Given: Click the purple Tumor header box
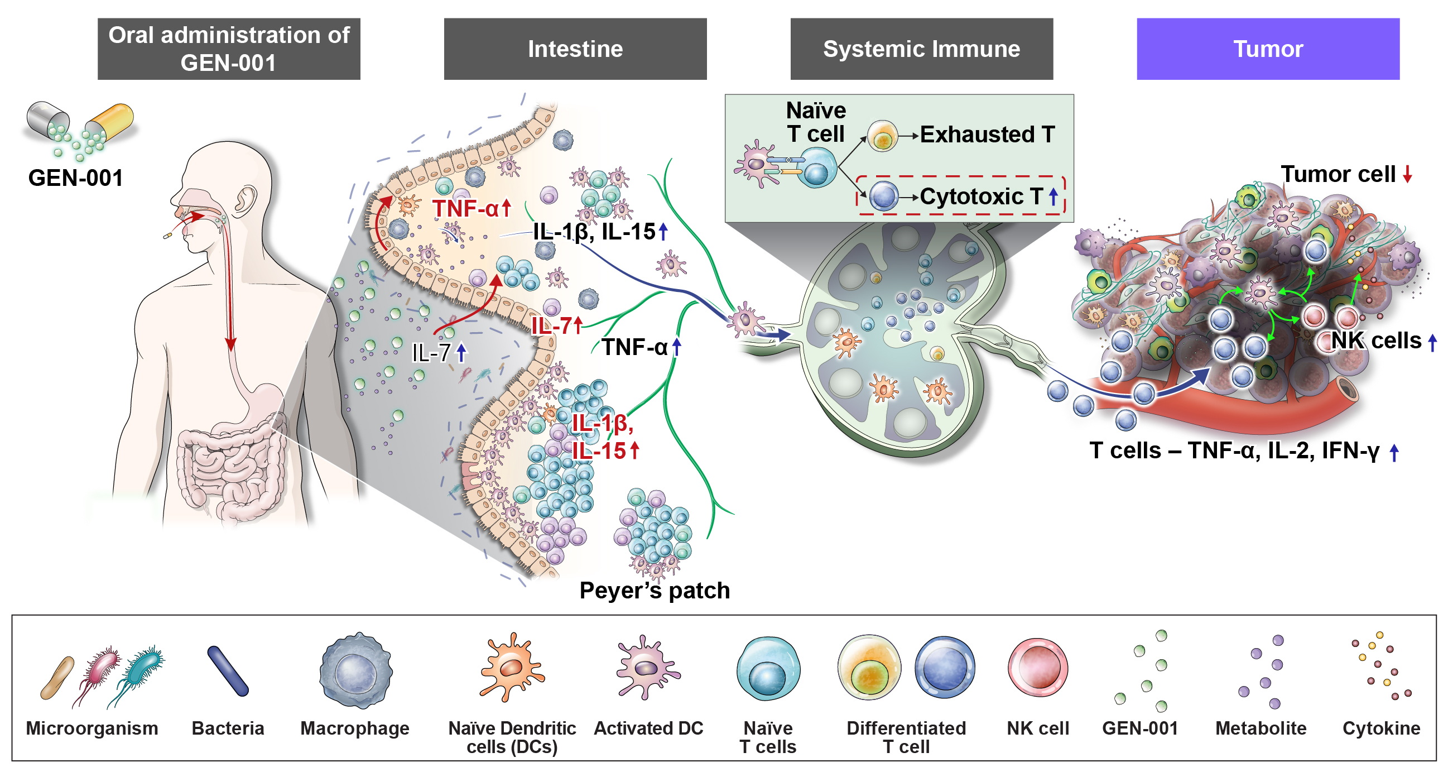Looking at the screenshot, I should pyautogui.click(x=1268, y=49).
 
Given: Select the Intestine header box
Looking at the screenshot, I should pyautogui.click(x=575, y=49).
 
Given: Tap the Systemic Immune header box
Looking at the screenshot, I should pyautogui.click(x=921, y=49).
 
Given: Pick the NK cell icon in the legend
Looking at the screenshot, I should pyautogui.click(x=1038, y=668).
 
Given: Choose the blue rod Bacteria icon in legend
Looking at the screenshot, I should pyautogui.click(x=228, y=672).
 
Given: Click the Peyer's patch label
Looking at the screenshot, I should pyautogui.click(x=655, y=591).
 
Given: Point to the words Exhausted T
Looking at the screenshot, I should pyautogui.click(x=987, y=135).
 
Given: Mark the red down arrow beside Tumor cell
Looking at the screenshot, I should pyautogui.click(x=1407, y=174).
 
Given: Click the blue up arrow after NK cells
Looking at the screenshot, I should pyautogui.click(x=1433, y=342).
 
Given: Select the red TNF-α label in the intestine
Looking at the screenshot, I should pyautogui.click(x=465, y=209).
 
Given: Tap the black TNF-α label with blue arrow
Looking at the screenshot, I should pyautogui.click(x=634, y=348).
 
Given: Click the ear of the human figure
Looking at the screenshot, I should pyautogui.click(x=245, y=200).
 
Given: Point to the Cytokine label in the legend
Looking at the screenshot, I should pyautogui.click(x=1381, y=728).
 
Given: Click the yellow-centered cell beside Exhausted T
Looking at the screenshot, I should pyautogui.click(x=882, y=136).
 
